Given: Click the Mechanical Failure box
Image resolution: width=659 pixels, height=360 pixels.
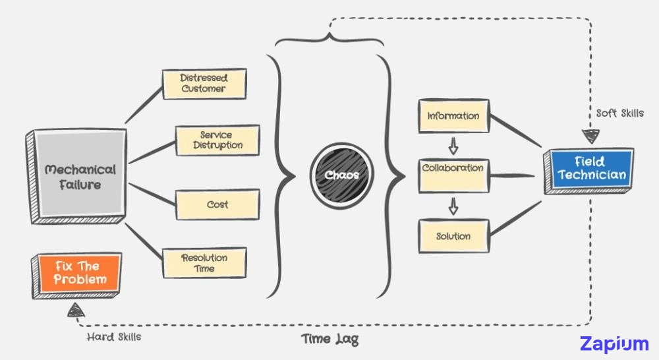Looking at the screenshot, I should [79, 177].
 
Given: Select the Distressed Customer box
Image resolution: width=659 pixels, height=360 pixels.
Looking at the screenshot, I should [204, 83].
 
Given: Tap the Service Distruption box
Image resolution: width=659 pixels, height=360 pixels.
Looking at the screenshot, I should [217, 140].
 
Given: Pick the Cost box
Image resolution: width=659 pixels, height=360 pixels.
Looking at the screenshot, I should [217, 204].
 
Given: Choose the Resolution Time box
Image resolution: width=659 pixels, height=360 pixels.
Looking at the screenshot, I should [204, 263].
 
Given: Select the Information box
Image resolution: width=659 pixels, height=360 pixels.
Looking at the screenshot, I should [453, 116].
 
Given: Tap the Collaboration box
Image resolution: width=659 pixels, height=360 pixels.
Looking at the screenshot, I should [453, 175].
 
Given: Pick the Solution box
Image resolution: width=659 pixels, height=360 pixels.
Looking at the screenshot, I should [453, 236].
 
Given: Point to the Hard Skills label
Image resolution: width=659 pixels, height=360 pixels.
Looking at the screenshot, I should [114, 337].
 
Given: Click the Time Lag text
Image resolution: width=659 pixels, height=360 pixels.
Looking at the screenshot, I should [330, 339].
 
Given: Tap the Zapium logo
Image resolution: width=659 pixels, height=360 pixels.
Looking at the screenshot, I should [614, 344].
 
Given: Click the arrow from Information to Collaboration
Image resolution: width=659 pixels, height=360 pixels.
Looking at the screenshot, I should [453, 144].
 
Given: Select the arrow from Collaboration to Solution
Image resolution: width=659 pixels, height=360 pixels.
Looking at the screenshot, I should [453, 206].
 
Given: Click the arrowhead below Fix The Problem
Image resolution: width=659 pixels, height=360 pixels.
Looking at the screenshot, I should [77, 310].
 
